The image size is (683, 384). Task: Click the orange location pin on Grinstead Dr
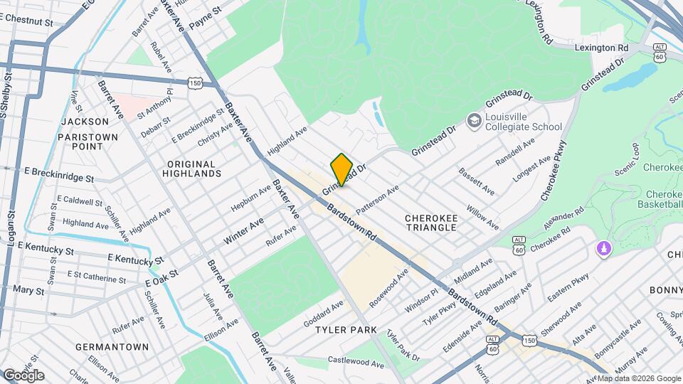click(342, 169)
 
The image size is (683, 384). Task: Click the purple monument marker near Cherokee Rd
click(603, 250)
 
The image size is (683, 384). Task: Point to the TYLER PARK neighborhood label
click(346, 330)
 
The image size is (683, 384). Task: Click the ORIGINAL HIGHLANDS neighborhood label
click(191, 169)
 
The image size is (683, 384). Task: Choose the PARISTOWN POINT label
click(83, 140)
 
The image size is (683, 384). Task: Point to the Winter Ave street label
click(243, 232)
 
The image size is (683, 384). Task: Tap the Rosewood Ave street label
click(389, 289)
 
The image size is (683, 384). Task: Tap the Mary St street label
click(28, 291)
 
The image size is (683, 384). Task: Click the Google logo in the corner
click(23, 375)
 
